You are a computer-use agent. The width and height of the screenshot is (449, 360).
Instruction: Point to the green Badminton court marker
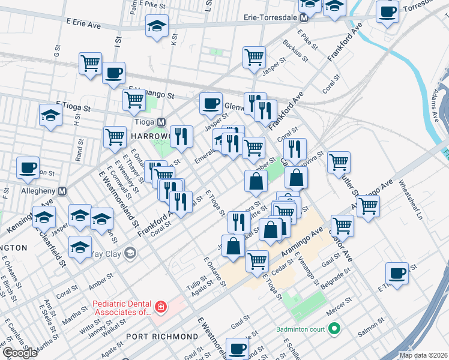[334, 328]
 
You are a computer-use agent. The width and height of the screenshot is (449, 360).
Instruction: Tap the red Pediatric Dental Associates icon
[160, 308]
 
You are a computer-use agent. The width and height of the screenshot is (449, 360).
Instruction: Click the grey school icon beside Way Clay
[130, 253]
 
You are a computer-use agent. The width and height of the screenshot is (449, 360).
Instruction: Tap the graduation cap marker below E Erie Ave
[157, 26]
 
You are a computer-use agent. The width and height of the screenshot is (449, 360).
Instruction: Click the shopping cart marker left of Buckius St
[255, 57]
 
